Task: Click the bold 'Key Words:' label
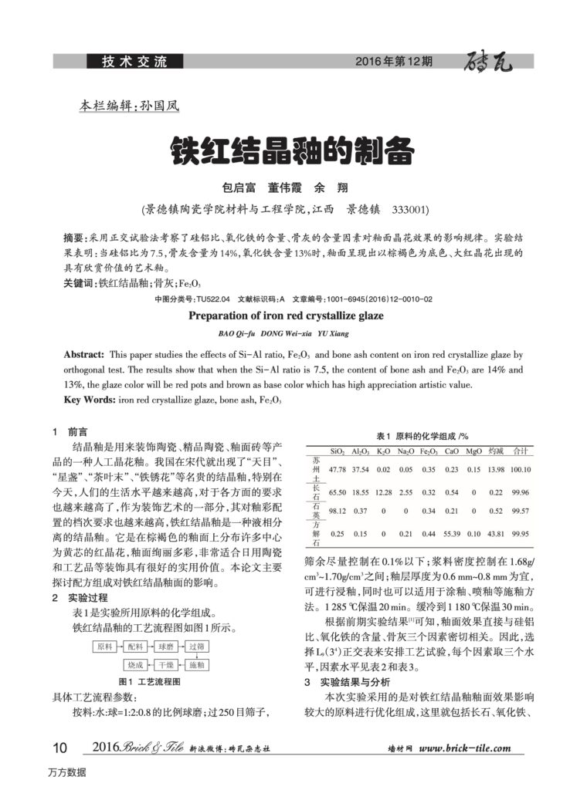click(x=87, y=400)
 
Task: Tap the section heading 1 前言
click(x=70, y=432)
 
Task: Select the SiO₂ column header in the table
click(x=337, y=451)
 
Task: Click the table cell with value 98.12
click(x=337, y=511)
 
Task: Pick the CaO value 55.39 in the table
click(x=453, y=533)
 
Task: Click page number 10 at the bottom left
click(x=59, y=748)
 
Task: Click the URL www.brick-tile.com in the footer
click(x=467, y=748)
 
